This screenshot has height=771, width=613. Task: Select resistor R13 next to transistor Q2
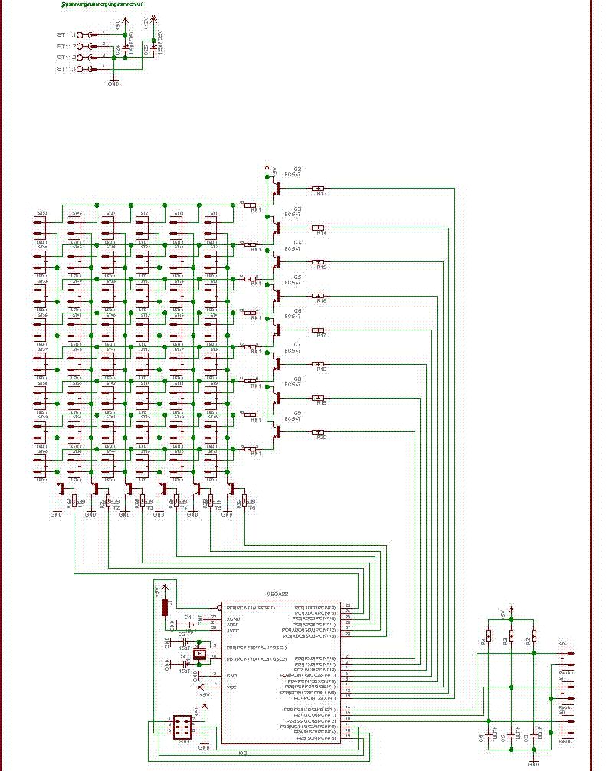point(318,189)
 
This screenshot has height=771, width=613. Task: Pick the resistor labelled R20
point(318,433)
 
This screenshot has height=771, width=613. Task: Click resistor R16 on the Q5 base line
point(318,296)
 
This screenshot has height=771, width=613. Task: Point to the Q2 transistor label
point(297,168)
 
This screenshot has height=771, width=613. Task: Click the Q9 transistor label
point(297,412)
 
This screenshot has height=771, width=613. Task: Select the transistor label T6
point(251,508)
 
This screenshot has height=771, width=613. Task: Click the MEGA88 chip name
point(277,593)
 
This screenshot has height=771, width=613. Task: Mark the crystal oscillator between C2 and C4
point(199,653)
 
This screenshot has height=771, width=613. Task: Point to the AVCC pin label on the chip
point(233,630)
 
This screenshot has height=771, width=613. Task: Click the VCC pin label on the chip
point(231,687)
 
